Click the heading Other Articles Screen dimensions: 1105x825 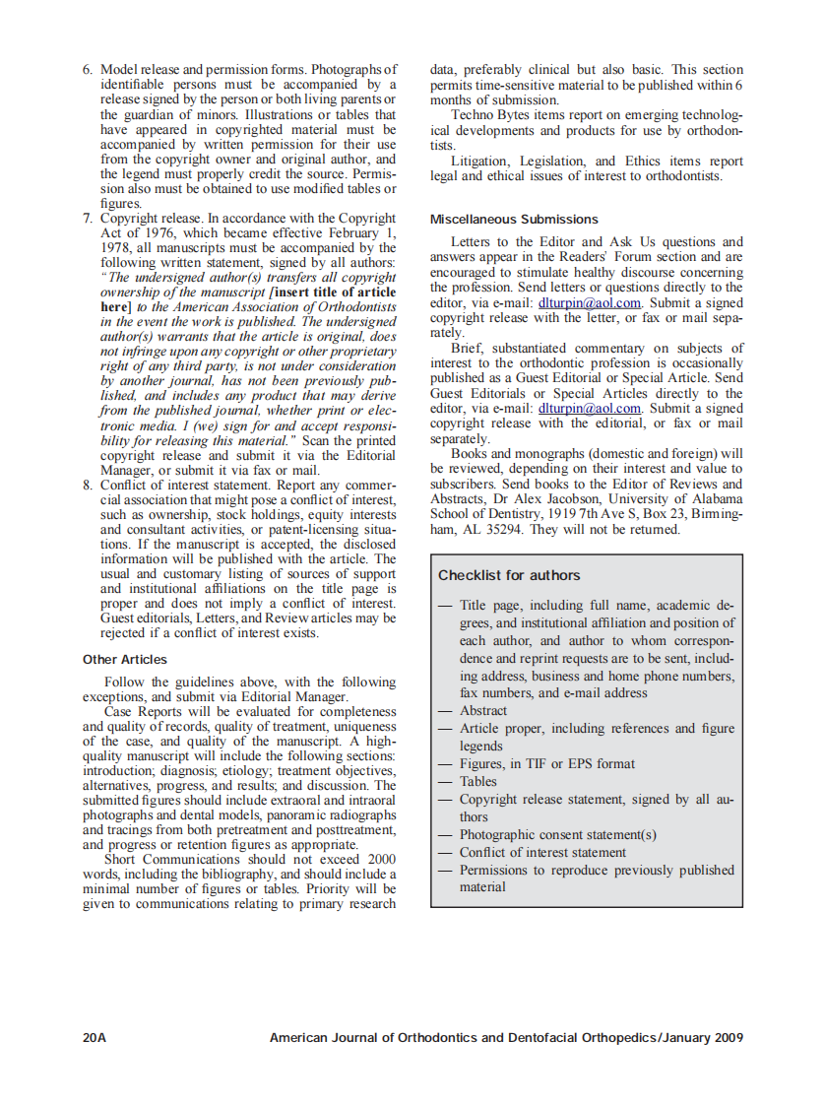pyautogui.click(x=125, y=660)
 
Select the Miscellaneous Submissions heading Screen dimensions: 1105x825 pyautogui.click(x=514, y=219)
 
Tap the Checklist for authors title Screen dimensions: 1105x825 pyautogui.click(x=509, y=575)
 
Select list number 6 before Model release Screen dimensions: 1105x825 pyautogui.click(x=88, y=70)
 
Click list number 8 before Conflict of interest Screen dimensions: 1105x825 pyautogui.click(x=88, y=485)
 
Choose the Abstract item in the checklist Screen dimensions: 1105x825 pyautogui.click(x=483, y=710)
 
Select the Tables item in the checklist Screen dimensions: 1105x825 pyautogui.click(x=478, y=781)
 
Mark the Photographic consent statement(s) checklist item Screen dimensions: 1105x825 pyautogui.click(x=557, y=834)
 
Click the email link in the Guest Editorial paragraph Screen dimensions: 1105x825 pyautogui.click(x=590, y=408)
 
